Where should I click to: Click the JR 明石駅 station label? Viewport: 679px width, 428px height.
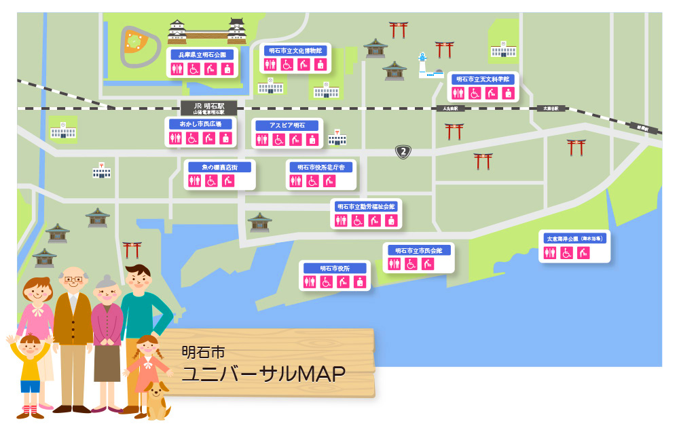coord(208,107)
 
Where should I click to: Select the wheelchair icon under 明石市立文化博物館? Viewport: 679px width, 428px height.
coord(287,64)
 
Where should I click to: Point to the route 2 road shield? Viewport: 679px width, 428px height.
coord(403,151)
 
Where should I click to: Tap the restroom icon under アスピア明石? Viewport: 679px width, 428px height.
coord(262,140)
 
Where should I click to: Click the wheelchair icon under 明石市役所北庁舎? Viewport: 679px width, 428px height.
coord(312,181)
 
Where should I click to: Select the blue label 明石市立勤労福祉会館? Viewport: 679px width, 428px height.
coord(366,206)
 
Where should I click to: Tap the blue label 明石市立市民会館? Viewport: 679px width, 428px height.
coord(418,250)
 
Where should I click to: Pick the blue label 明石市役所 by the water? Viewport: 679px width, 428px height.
coord(335,268)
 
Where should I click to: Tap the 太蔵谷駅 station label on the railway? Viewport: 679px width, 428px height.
coord(551,109)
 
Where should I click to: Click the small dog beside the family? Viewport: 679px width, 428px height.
coord(155,400)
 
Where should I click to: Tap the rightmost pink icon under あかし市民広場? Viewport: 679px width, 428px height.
coord(227,138)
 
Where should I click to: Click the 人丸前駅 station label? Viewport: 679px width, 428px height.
coord(450,109)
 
